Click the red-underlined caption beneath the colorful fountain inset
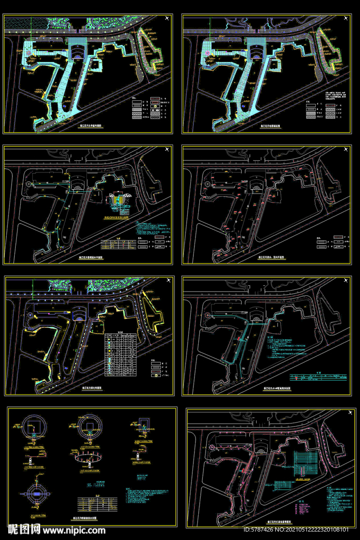point(122,216)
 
